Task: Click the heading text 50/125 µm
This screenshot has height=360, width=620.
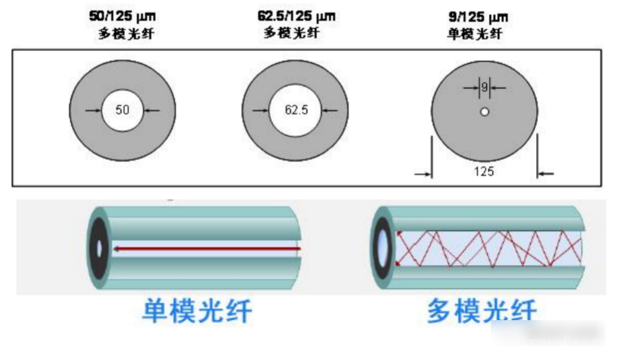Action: (x=122, y=16)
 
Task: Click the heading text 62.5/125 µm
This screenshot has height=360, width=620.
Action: (x=296, y=16)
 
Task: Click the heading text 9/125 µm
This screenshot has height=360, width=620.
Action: (x=478, y=17)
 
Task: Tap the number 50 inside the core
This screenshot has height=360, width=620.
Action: (x=122, y=110)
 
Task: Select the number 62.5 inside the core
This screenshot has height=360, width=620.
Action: (x=296, y=110)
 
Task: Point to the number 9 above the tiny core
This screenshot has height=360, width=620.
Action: (x=484, y=87)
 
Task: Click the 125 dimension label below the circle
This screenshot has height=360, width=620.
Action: (x=484, y=171)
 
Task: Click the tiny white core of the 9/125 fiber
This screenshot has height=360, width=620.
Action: (x=484, y=112)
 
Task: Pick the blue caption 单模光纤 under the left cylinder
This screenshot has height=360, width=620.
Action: (x=197, y=311)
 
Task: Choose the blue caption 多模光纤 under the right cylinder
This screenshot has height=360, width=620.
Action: (x=481, y=311)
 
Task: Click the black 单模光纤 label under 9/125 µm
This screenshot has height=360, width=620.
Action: (x=474, y=34)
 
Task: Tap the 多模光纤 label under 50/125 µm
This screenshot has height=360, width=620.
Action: (x=126, y=33)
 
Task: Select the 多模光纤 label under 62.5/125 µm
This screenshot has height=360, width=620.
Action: (x=291, y=33)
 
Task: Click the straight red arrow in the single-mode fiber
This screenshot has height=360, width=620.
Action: (x=207, y=249)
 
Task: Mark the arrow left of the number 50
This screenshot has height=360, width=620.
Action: (x=93, y=111)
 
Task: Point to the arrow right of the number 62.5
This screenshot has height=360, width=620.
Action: (x=330, y=111)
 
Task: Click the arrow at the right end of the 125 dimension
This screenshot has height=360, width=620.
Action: (x=546, y=173)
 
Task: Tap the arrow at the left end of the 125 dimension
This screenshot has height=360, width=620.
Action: (x=423, y=174)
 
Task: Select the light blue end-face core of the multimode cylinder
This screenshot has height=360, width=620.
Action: (x=382, y=249)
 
